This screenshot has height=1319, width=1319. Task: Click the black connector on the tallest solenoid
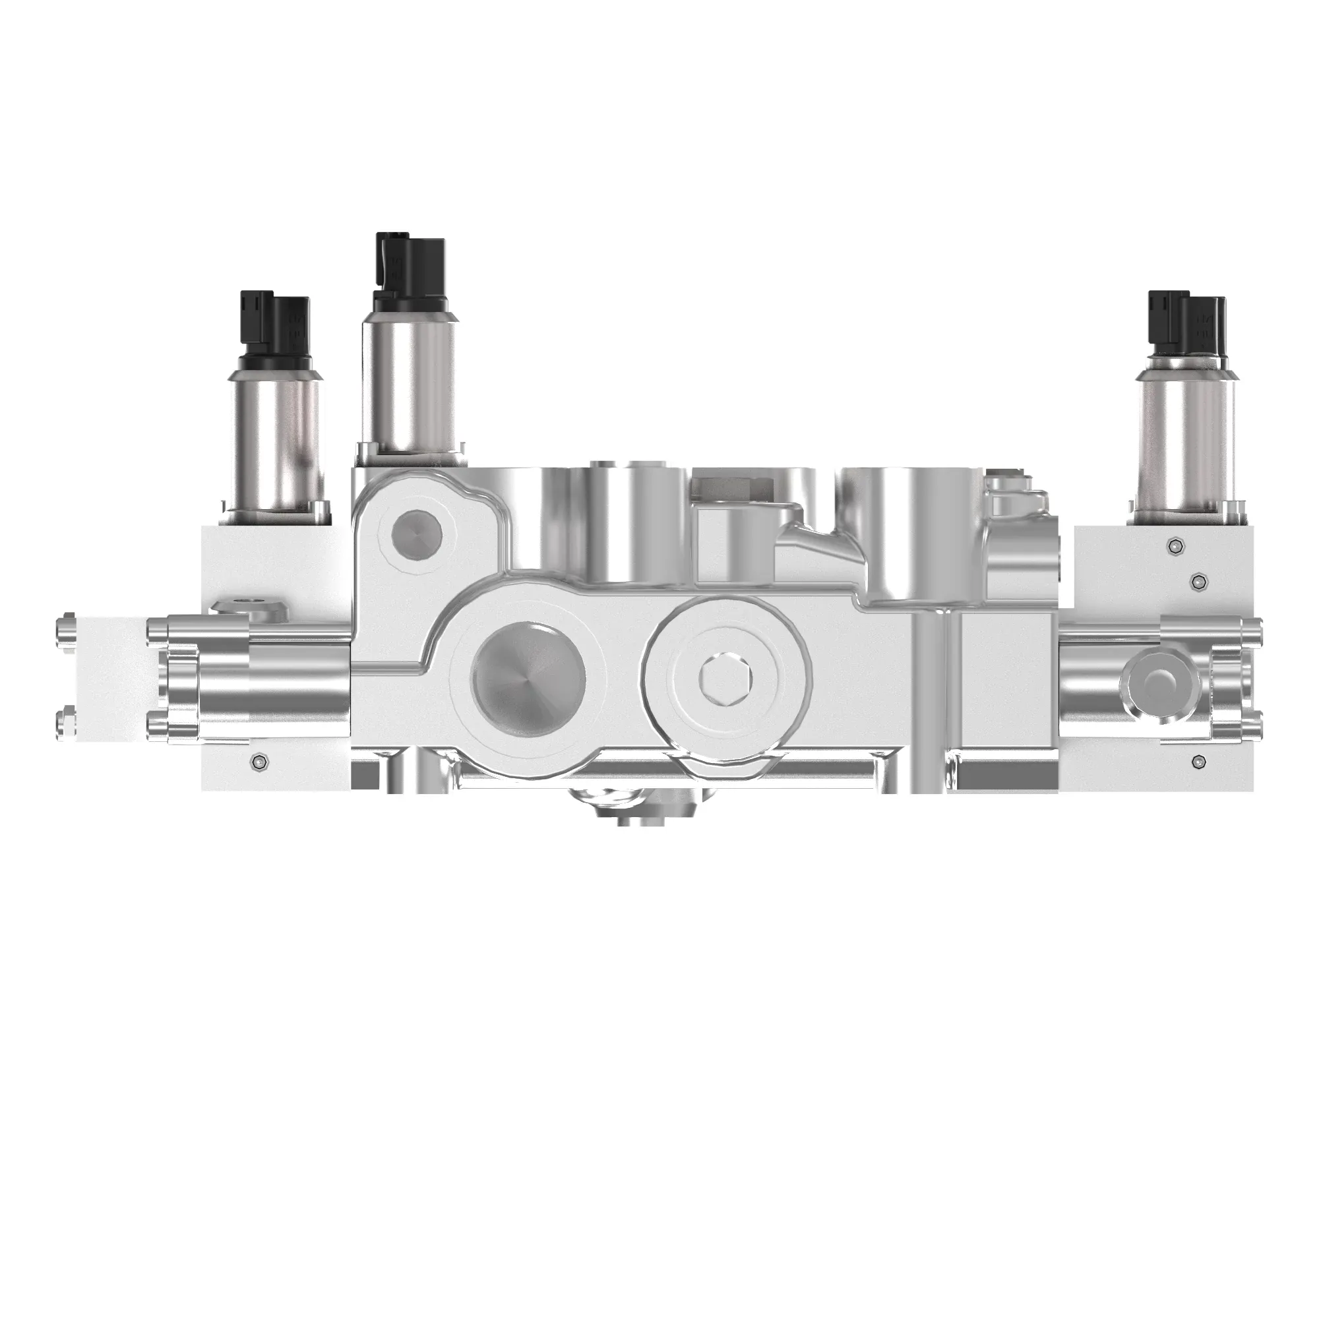pyautogui.click(x=407, y=271)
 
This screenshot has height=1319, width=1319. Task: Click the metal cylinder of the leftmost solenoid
pyautogui.click(x=276, y=447)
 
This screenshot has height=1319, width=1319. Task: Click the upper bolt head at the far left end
pyautogui.click(x=67, y=625)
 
